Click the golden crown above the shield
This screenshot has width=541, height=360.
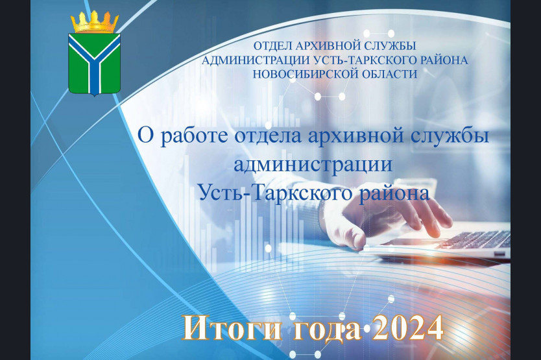click(x=95, y=22)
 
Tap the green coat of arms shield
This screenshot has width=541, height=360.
click(x=94, y=64)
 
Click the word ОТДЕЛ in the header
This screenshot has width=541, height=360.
click(x=270, y=45)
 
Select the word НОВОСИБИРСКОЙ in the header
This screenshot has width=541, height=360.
click(x=302, y=74)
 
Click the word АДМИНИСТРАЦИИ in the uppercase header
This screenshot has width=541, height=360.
click(x=256, y=60)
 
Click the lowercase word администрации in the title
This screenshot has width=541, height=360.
click(x=313, y=165)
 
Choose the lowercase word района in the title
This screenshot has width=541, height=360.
click(x=394, y=194)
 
